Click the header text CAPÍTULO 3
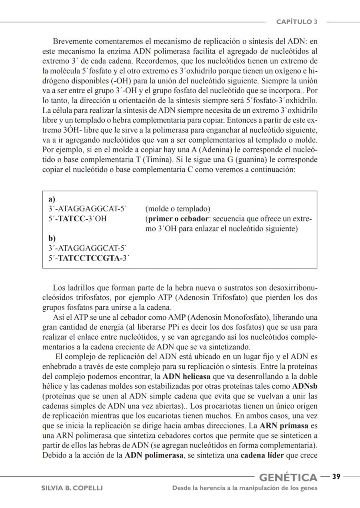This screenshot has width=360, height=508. tap(297, 21)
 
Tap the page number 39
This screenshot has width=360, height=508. tap(336, 477)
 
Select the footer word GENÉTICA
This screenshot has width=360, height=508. tap(288, 478)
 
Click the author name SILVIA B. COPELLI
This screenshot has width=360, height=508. tap(72, 488)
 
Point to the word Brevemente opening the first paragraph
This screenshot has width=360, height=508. tap(73, 42)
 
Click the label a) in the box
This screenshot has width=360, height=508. tap(52, 199)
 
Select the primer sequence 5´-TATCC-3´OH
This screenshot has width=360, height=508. tap(77, 219)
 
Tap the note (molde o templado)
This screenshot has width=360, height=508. tap(177, 209)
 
